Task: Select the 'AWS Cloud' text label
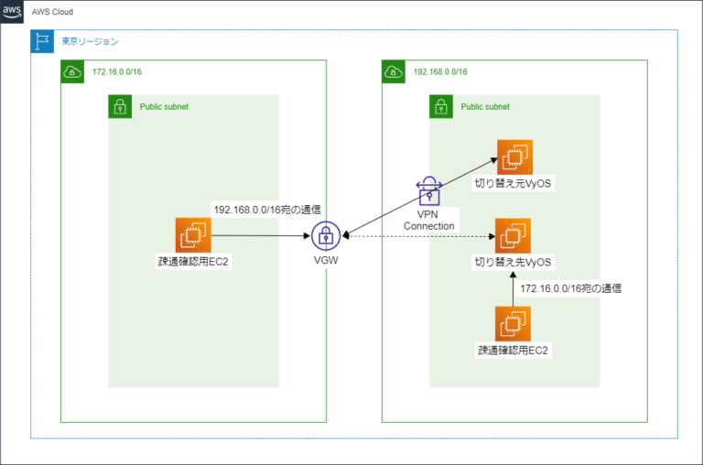(53, 13)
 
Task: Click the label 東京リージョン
(90, 41)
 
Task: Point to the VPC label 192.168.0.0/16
(441, 71)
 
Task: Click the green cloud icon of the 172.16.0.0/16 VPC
(72, 71)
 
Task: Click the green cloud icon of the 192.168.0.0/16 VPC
(394, 71)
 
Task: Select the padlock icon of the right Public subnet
(441, 106)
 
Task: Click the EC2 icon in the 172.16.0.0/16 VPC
(193, 235)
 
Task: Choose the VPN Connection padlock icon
(428, 190)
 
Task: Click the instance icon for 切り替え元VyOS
(514, 157)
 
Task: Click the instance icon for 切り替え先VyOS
(514, 236)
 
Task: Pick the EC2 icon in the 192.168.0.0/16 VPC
(514, 324)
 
